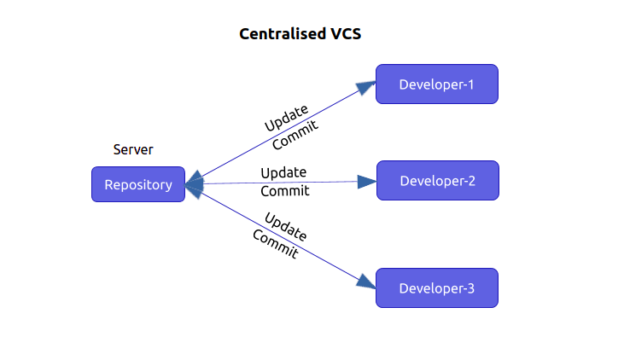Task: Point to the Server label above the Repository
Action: (x=133, y=150)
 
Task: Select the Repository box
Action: (x=138, y=184)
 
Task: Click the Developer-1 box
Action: (x=436, y=84)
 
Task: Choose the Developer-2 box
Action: (x=436, y=181)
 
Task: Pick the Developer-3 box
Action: (x=436, y=287)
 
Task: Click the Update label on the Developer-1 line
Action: (x=286, y=119)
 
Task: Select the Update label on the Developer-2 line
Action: (x=283, y=172)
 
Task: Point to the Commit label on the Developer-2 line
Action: (x=284, y=191)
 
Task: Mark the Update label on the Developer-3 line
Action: (x=285, y=226)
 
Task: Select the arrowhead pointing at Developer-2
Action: (x=366, y=181)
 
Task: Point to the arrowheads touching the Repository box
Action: (x=194, y=183)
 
